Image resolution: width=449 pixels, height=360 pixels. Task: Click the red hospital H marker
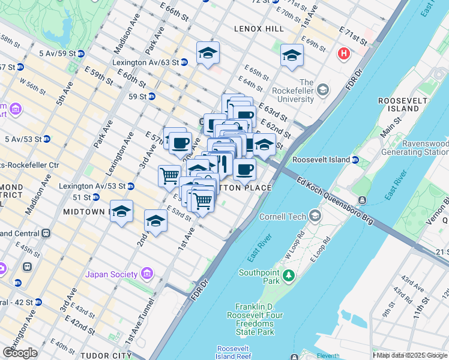344,54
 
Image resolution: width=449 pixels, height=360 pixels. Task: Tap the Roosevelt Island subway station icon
355,160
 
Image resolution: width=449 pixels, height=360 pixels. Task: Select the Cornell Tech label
283,217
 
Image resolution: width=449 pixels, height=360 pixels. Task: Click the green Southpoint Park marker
289,275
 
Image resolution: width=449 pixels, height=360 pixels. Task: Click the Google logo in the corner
20,352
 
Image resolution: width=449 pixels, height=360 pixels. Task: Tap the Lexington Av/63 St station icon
184,62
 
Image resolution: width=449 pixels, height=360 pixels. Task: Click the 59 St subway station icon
152,96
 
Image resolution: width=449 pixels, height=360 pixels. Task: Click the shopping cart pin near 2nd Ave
170,176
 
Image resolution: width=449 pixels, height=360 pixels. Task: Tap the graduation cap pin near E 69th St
292,56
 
